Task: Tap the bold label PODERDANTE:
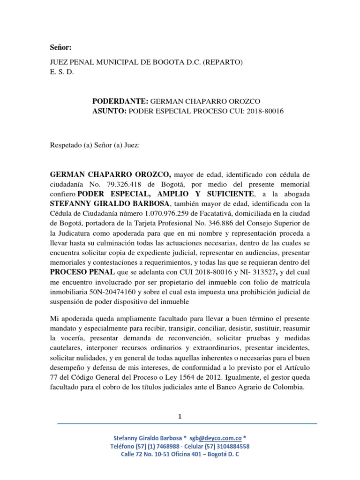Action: (x=121, y=101)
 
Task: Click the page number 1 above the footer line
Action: (x=180, y=416)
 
